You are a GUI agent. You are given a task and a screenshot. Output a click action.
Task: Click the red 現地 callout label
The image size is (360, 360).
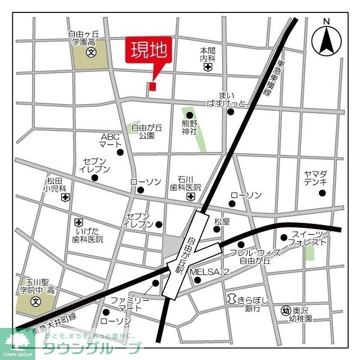pos(150,51)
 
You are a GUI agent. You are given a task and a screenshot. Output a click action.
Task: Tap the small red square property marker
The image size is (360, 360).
pos(152,86)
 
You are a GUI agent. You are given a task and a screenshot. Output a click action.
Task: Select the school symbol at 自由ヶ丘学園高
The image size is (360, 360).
pos(91,53)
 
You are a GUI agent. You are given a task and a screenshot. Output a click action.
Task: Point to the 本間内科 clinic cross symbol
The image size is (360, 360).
pos(208,67)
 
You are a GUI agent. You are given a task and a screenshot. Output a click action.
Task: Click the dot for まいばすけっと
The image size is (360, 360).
pos(231,111)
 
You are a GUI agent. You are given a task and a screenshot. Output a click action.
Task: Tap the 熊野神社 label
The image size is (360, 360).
pos(190,127)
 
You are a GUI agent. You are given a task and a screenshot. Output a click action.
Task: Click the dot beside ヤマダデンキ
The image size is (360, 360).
pos(322,193)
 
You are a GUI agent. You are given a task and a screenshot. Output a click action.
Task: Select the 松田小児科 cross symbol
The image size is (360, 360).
pos(66,197)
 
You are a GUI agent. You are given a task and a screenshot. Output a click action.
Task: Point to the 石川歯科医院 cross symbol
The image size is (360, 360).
pos(191,197)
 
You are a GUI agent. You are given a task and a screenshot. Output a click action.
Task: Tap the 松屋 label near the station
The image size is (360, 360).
pos(222,222)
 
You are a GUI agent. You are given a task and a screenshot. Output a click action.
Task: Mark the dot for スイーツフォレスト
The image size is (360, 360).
pos(284,237)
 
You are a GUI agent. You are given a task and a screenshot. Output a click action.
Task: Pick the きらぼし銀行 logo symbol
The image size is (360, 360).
pos(231,299)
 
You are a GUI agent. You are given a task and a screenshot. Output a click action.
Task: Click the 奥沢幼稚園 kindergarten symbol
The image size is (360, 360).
pos(285,310)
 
